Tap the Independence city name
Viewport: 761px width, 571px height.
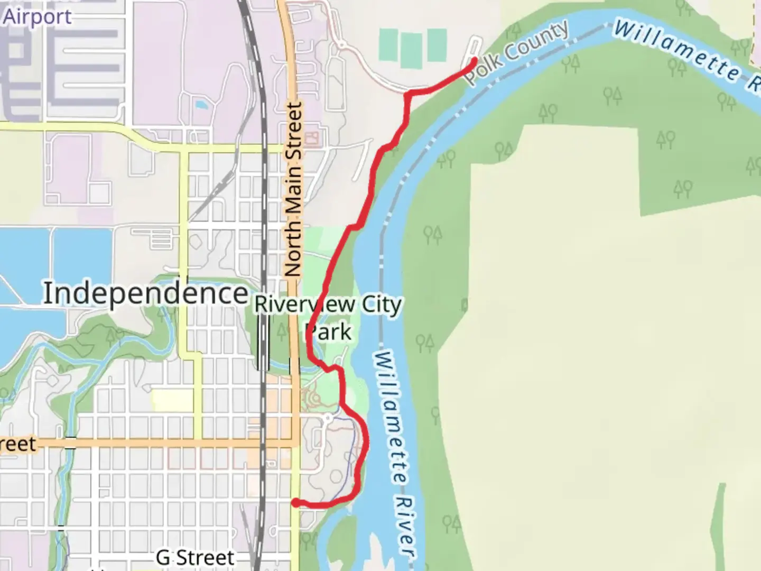[145, 293]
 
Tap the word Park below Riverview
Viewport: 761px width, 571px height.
[329, 333]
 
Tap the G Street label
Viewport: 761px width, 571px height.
[195, 557]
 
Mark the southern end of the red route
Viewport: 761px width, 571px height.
[295, 502]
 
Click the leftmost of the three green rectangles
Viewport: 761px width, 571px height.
[388, 44]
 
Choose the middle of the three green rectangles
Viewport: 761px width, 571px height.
[412, 51]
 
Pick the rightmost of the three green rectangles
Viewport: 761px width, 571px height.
[436, 45]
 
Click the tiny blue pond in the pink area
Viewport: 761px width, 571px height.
[201, 105]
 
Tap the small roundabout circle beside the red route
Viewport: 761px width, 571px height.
[328, 418]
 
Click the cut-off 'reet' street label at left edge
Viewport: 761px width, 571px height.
[18, 444]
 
